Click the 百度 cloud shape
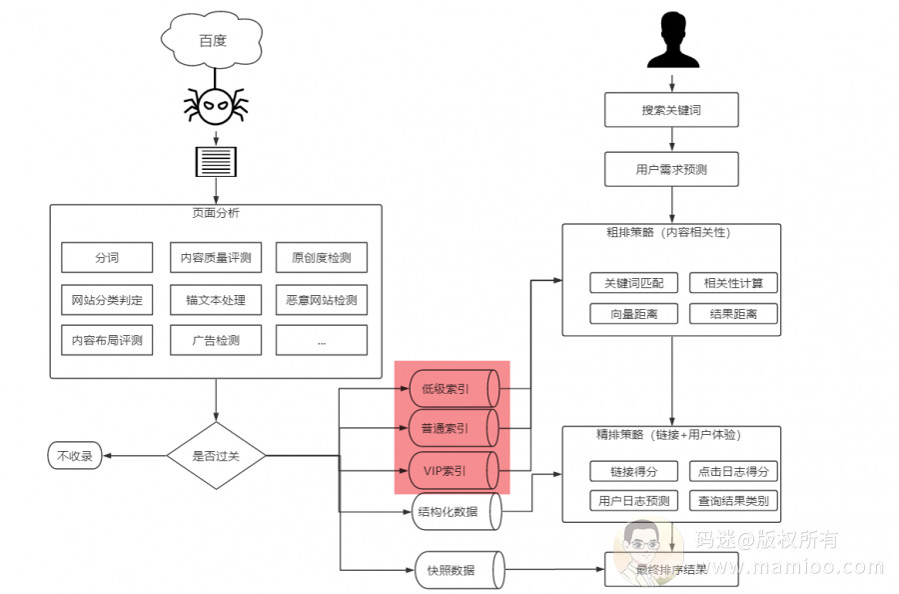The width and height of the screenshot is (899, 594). pos(212,41)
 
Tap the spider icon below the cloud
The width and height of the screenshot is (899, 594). pos(214,105)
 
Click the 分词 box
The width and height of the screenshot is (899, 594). pos(107,258)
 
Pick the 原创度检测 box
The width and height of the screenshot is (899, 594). pos(321,258)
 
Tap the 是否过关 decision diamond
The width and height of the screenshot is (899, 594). pos(216,456)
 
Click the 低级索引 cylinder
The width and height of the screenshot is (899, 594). pos(452,389)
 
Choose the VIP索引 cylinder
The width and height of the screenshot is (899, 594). pos(452,469)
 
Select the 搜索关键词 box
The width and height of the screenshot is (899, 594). pos(671,110)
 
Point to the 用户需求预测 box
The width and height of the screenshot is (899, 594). pos(671,169)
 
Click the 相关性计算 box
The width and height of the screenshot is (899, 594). pos(733,283)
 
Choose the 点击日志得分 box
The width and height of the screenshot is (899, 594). pos(733,471)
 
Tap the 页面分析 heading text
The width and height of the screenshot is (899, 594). pos(216,213)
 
